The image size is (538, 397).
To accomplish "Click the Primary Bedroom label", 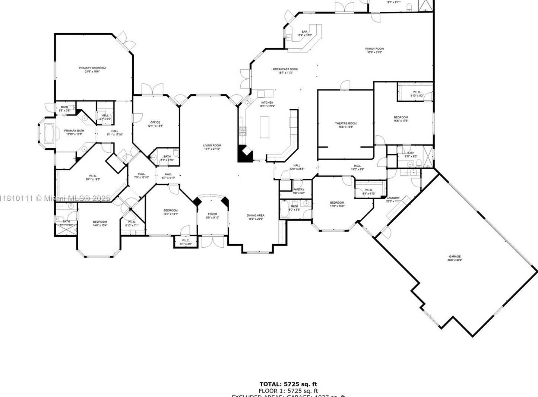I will pyautogui.click(x=92, y=68).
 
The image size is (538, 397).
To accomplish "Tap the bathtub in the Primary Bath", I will pyautogui.click(x=49, y=133).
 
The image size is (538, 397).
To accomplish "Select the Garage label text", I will pyautogui.click(x=455, y=257).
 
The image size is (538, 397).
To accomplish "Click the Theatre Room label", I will pyautogui.click(x=345, y=124).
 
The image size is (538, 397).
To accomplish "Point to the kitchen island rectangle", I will pyautogui.click(x=265, y=127).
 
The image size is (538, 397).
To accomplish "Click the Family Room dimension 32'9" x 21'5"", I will pyautogui.click(x=374, y=53).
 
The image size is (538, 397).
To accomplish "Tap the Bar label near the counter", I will pyautogui.click(x=304, y=32).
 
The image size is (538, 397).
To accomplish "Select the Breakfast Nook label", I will pyautogui.click(x=285, y=69).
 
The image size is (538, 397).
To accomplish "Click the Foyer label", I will pyautogui.click(x=212, y=214).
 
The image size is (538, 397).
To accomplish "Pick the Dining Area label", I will pyautogui.click(x=256, y=216).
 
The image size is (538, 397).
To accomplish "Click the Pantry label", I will pyautogui.click(x=298, y=190).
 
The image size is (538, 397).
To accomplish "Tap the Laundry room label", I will pyautogui.click(x=393, y=198).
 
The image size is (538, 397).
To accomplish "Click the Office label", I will pyautogui.click(x=155, y=123).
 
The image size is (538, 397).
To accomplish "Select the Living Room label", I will pyautogui.click(x=212, y=146).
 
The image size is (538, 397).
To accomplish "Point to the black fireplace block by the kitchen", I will pyautogui.click(x=244, y=154).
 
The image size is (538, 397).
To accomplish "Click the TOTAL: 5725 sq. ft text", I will pyautogui.click(x=288, y=384).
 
